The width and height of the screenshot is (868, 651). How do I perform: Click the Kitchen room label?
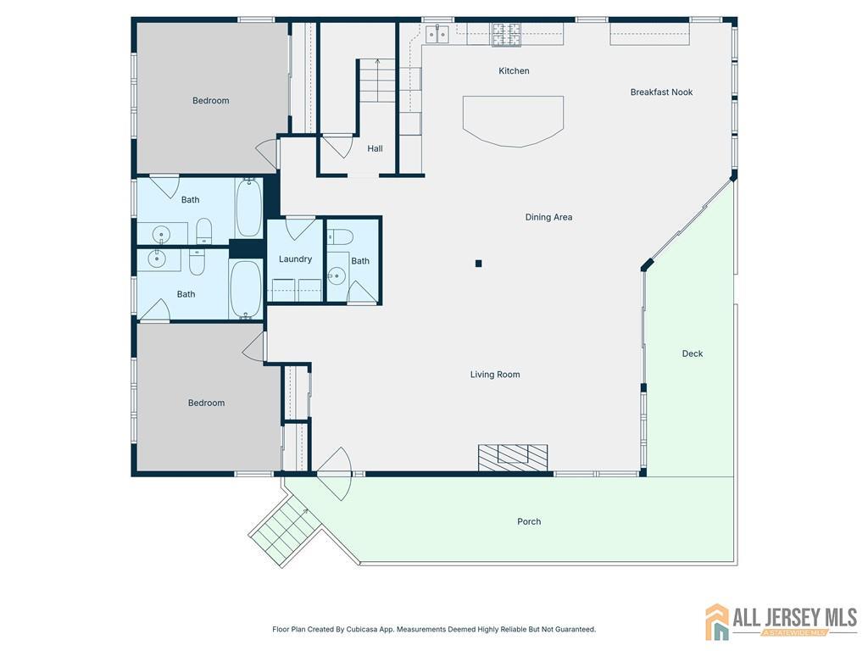pos(514,71)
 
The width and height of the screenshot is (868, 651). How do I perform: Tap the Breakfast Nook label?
pos(661,92)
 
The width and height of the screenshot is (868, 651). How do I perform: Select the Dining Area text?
pos(548,217)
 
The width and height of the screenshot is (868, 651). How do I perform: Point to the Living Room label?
pos(495,374)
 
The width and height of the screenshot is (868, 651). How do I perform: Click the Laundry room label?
pos(295,259)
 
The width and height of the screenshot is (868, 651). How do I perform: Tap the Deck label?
pos(692,353)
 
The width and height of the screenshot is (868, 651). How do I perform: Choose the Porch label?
pos(529,521)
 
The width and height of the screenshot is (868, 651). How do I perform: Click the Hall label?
pos(375,148)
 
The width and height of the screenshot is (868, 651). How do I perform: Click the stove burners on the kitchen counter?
pos(507,34)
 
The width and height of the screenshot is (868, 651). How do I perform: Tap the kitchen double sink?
pos(437,33)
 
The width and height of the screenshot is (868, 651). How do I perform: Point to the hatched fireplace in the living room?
pos(513,458)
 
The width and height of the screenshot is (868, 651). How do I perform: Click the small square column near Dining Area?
pos(478,264)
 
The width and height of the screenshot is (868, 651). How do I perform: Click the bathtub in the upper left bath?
pos(248,208)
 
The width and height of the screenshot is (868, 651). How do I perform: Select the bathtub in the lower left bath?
pos(245,289)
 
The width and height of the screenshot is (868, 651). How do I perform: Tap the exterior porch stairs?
pos(286,530)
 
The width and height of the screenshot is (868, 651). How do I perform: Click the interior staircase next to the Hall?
pos(377,81)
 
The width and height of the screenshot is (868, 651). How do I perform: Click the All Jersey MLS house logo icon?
pos(717,621)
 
